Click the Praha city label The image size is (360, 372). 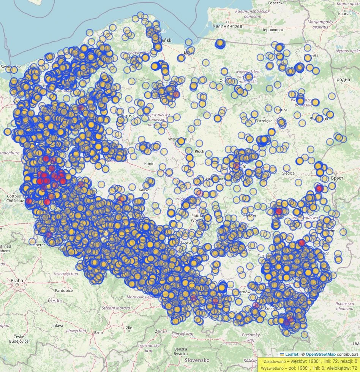17,280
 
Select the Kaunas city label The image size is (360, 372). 344,14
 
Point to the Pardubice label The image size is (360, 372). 64,290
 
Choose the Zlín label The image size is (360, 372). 129,327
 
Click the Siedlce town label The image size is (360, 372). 288,173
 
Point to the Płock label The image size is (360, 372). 199,151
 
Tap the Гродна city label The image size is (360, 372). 342,79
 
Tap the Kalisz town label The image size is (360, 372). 144,189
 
